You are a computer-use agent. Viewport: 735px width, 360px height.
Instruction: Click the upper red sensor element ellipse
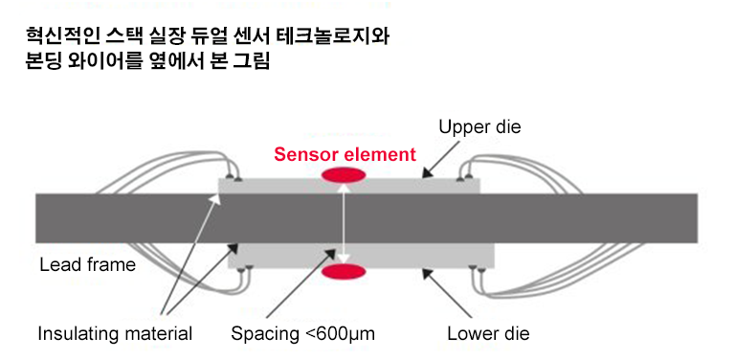[345, 174]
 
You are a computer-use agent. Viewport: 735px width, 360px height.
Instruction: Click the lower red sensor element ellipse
[345, 273]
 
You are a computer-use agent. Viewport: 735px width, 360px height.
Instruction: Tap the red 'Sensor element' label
[345, 153]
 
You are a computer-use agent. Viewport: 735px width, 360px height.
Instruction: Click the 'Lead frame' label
[88, 265]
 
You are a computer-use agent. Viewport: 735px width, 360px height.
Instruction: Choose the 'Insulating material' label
[115, 334]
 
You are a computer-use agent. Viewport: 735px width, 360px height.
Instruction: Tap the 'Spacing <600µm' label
[302, 334]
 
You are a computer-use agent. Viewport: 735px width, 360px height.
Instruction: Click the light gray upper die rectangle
[287, 186]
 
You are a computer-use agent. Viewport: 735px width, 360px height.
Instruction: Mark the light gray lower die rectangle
[287, 256]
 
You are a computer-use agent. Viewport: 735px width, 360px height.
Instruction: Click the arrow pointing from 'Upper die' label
[444, 160]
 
